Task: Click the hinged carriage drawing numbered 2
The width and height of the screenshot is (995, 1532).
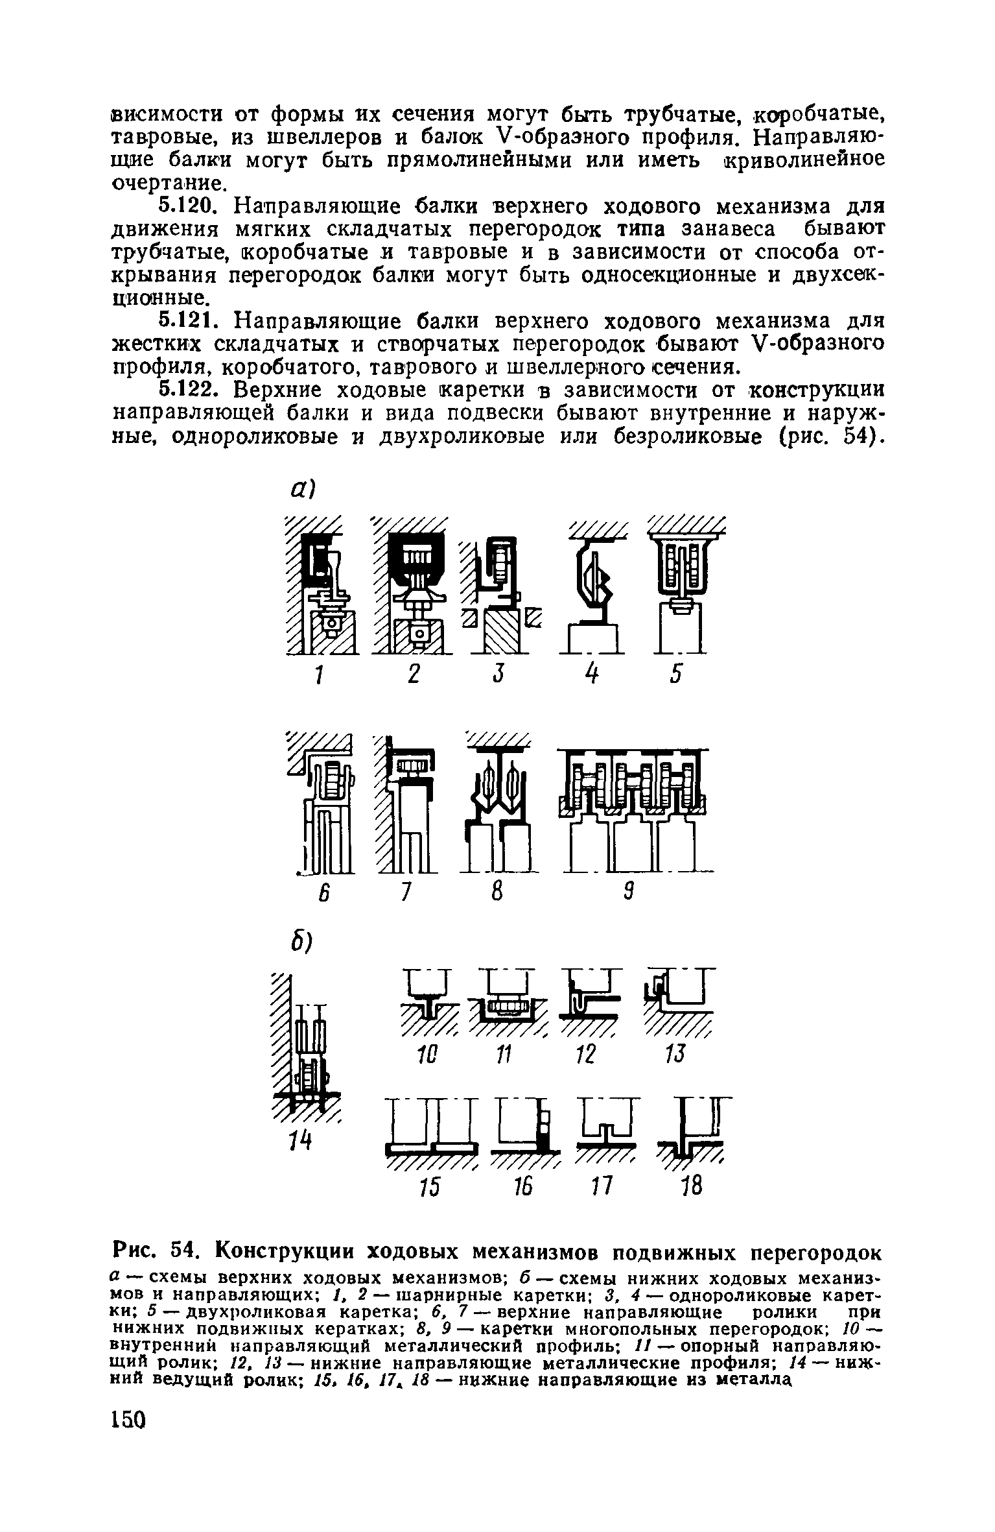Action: (411, 587)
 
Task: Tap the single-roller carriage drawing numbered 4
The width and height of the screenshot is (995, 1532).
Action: (594, 587)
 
